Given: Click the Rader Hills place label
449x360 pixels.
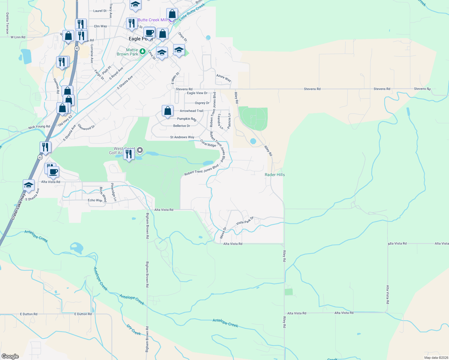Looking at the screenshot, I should (275, 175).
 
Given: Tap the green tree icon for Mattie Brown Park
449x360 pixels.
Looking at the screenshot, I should (143, 52).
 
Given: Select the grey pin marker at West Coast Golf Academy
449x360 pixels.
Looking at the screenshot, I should (140, 150).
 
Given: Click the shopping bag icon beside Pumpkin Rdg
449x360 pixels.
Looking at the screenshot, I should (167, 111).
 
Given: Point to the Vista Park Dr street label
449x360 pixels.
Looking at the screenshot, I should (245, 220).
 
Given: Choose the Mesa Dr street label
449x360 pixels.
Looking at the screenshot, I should (223, 233).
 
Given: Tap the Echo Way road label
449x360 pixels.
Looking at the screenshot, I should (95, 200).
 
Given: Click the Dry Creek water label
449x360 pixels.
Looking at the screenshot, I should (134, 330).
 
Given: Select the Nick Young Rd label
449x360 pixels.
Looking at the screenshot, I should (39, 127).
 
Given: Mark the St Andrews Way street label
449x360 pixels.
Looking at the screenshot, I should (182, 137).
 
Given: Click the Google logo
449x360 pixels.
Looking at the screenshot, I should (10, 356).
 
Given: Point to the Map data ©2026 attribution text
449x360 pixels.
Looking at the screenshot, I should (436, 358).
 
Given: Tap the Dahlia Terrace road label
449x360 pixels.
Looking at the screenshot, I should (8, 23).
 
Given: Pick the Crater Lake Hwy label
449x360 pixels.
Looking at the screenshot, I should (18, 207).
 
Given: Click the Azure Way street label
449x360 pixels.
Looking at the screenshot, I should (224, 78).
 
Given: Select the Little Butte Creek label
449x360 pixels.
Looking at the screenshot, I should (192, 12).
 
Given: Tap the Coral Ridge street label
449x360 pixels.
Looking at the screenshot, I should (208, 143).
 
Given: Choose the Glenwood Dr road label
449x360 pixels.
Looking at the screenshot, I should (86, 127).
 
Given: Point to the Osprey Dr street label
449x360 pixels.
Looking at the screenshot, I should (202, 103).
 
